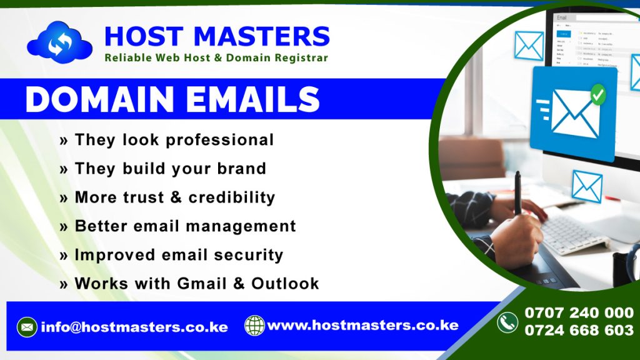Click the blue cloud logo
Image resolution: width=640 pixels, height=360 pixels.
coord(59,42)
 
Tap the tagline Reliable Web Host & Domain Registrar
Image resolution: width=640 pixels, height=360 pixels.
coord(216,58)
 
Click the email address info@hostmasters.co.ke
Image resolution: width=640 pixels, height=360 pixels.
coord(134,327)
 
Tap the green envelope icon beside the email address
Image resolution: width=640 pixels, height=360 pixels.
coord(26,327)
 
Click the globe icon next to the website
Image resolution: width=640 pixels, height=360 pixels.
coord(254,326)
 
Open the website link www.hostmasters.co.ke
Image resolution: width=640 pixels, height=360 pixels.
coord(362,326)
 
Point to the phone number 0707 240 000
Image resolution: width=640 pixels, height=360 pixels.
coord(579,313)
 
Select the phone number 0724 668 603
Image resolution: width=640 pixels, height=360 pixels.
coord(579,331)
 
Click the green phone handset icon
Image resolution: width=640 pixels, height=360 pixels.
coord(507,322)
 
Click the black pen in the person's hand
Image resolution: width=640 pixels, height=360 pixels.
coord(517,193)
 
